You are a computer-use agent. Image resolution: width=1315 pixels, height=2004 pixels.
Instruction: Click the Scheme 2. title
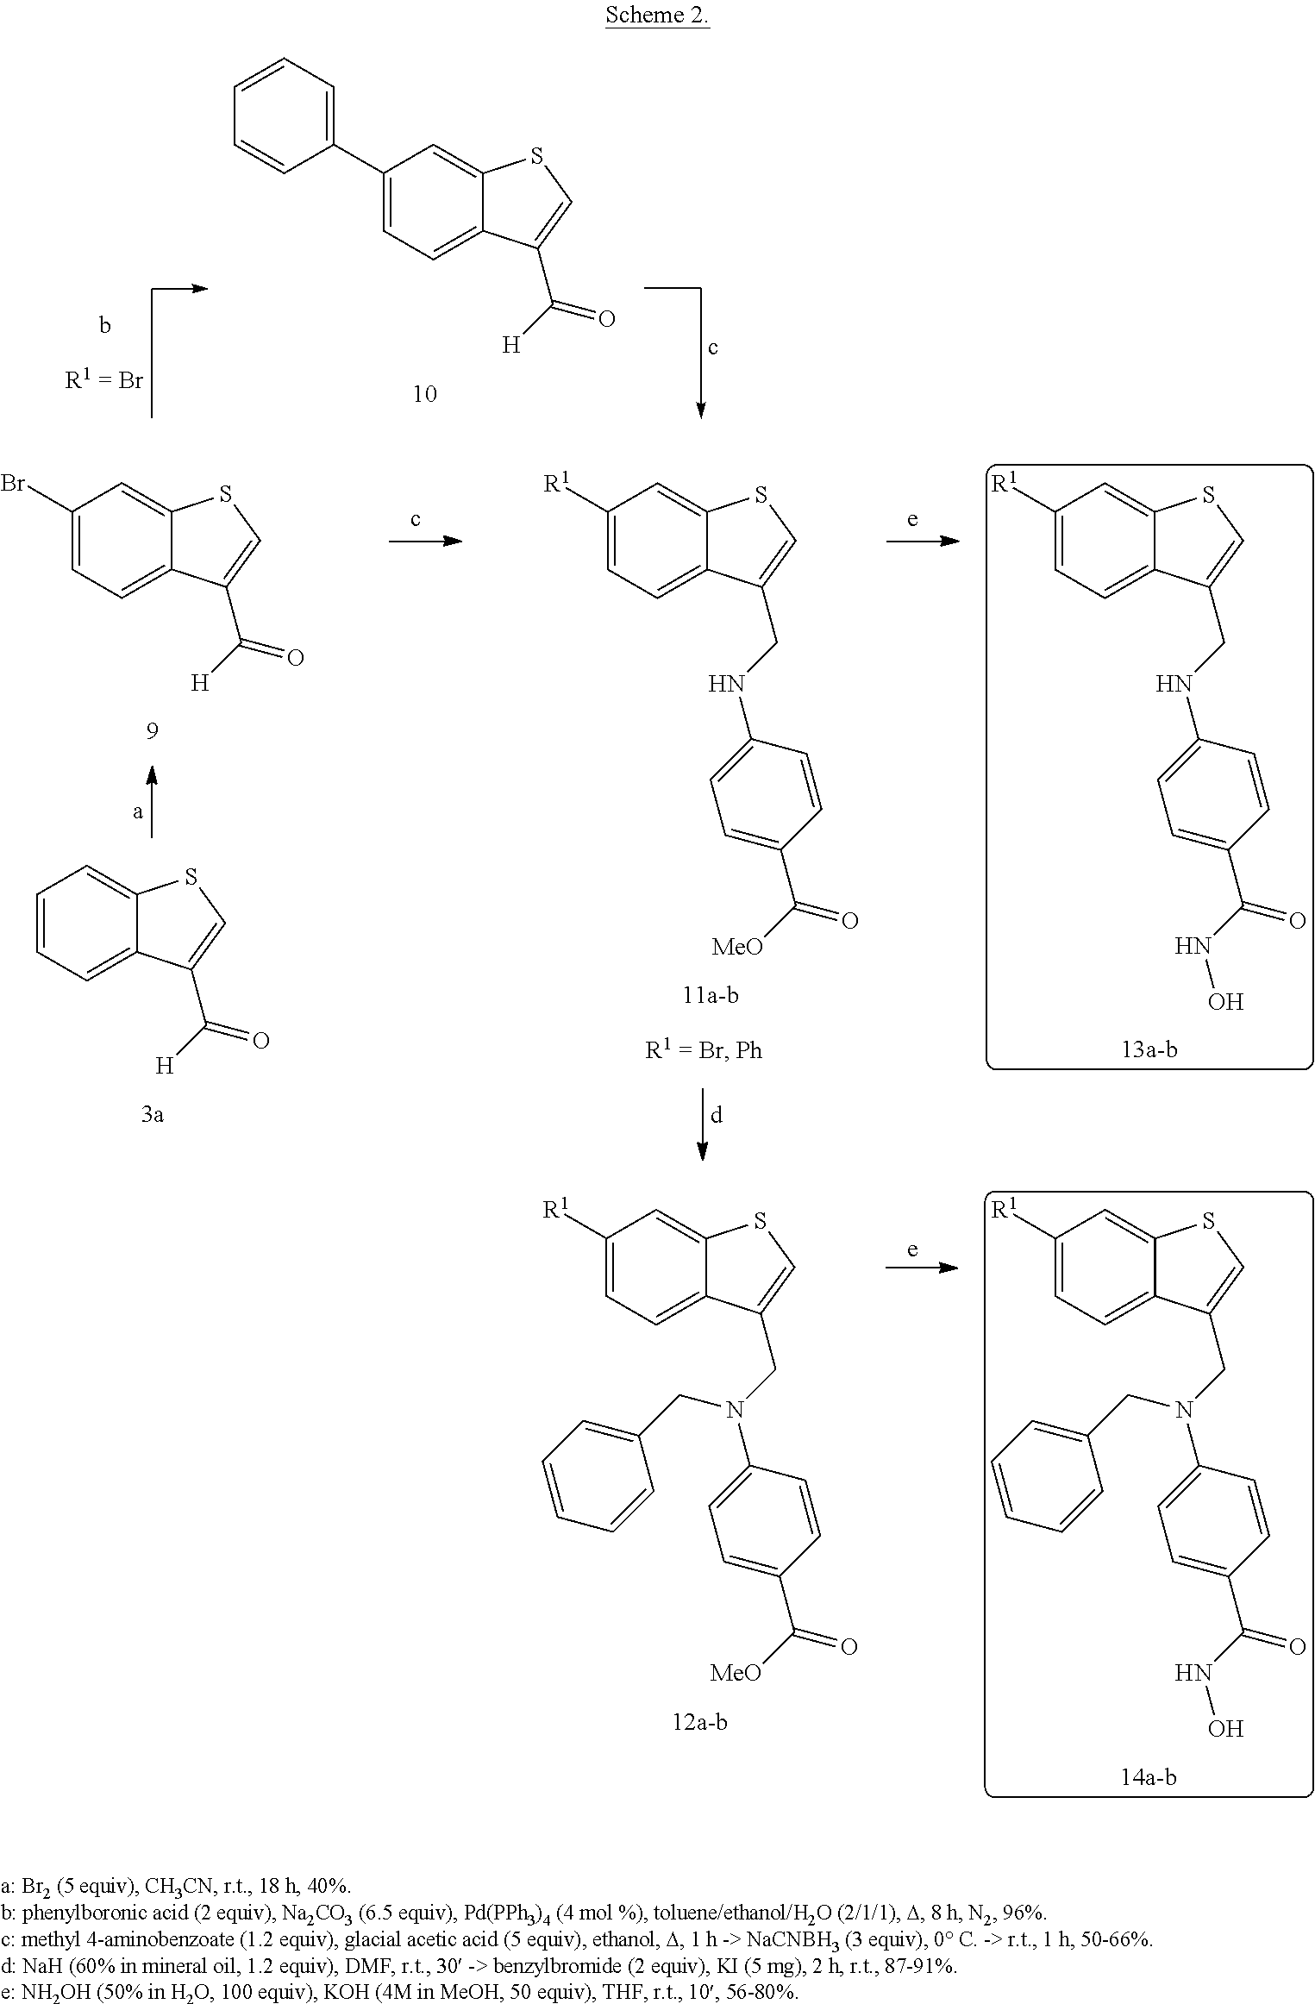(657, 15)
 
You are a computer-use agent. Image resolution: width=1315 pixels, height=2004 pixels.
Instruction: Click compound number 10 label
(424, 394)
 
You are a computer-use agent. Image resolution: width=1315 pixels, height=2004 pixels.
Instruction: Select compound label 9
(152, 731)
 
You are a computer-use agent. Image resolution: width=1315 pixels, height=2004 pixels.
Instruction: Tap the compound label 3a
(152, 1114)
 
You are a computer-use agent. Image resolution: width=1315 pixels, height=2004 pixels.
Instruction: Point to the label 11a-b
(710, 995)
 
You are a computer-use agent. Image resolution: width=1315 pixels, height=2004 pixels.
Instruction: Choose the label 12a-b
(699, 1722)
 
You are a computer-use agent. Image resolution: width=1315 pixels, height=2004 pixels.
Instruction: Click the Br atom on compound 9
(13, 484)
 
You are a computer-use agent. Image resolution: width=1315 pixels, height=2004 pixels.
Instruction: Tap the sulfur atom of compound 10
(536, 156)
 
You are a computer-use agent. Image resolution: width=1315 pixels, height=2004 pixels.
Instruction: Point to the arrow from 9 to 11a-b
(425, 541)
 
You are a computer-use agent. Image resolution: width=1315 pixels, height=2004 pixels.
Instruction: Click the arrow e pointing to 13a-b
(923, 541)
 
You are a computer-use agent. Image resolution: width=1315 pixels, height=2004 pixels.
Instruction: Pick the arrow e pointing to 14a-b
(922, 1268)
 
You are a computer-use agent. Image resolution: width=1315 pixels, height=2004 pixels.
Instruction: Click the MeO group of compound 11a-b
(737, 948)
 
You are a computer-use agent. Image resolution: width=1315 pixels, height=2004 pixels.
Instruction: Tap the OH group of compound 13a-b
(1225, 1002)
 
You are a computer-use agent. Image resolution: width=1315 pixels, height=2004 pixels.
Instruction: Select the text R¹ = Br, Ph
(704, 1050)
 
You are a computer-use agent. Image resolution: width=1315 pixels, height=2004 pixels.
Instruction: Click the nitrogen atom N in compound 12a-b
(735, 1410)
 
